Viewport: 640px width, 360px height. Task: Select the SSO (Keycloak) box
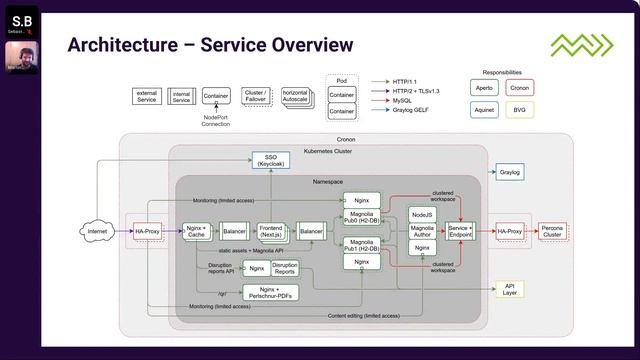pos(270,160)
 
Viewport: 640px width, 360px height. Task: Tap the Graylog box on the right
pos(510,172)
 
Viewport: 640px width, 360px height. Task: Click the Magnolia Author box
pos(422,231)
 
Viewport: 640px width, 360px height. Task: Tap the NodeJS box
pos(422,214)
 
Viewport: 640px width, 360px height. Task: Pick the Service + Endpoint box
pos(460,231)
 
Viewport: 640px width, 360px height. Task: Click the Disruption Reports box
pos(285,268)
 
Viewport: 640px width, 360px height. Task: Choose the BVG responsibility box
pos(521,109)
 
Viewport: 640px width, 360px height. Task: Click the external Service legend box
pos(148,97)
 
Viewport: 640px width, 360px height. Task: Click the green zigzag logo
pos(577,45)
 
